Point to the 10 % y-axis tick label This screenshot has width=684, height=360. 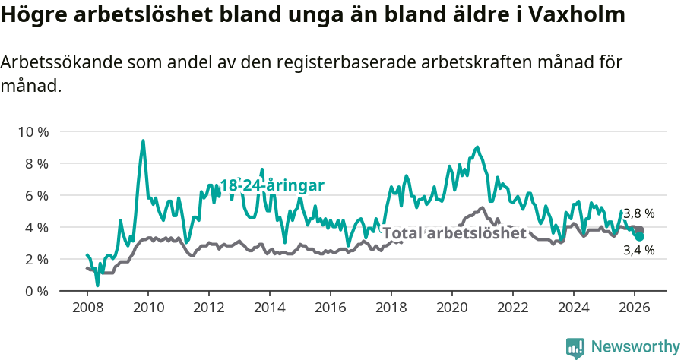(33, 131)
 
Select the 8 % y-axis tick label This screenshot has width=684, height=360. (36, 163)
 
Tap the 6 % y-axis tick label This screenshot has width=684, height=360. (36, 195)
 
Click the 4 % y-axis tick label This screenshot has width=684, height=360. (36, 227)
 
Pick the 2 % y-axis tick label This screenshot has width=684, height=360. (36, 259)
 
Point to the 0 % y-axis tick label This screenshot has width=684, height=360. (36, 291)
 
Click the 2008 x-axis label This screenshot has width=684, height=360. (87, 308)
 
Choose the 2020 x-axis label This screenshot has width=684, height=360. (452, 308)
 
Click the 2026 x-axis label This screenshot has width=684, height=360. (635, 308)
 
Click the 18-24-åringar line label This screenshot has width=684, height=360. (272, 185)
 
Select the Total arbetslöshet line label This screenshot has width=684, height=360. (454, 233)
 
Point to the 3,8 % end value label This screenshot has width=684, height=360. (638, 213)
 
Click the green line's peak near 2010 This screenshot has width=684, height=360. (143, 141)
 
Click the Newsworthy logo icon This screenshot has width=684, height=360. (575, 347)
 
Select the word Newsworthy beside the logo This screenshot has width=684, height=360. (635, 347)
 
